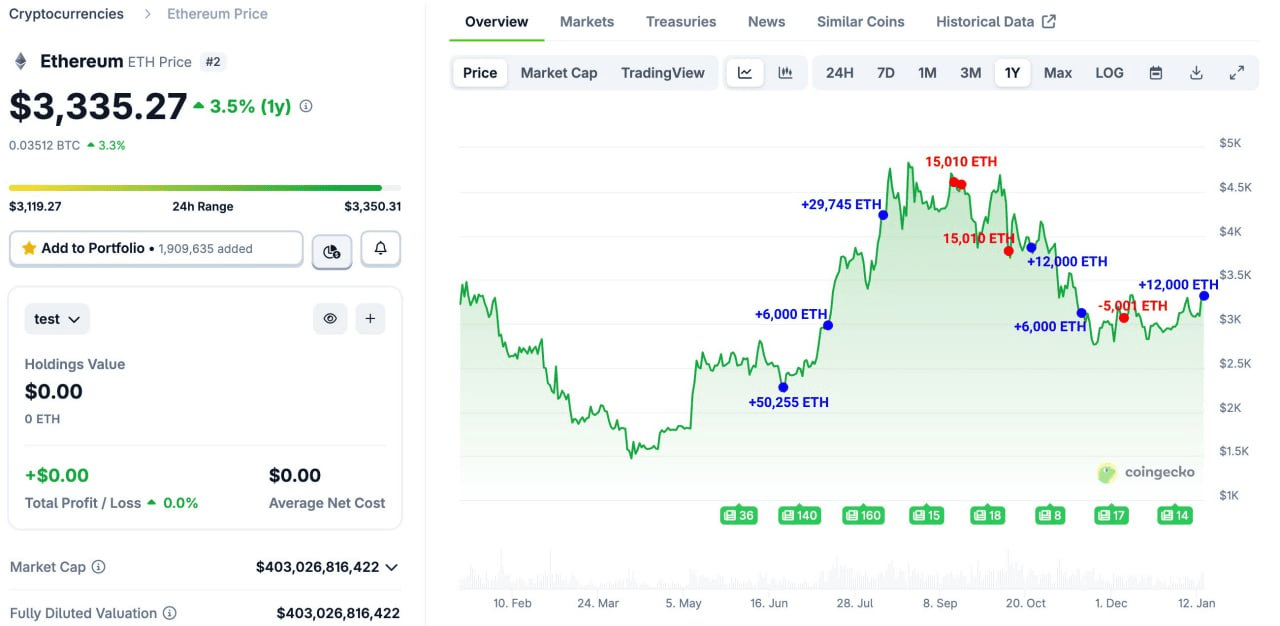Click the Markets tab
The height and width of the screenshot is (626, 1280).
[587, 21]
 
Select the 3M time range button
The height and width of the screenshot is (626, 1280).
[970, 72]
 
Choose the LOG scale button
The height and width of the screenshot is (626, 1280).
[1109, 72]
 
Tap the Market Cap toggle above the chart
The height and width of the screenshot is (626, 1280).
[558, 72]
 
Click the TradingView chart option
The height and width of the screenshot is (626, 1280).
[662, 72]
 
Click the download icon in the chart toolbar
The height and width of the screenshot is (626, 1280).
[1196, 72]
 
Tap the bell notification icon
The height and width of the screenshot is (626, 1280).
[380, 248]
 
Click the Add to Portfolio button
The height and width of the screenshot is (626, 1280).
[155, 248]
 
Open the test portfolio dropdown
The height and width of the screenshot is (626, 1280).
[57, 319]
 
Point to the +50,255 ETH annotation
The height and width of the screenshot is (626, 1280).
[788, 402]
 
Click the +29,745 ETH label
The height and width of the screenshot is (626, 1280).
[840, 204]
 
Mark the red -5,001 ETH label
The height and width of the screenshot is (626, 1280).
[1132, 305]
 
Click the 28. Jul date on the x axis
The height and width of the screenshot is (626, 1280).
[854, 603]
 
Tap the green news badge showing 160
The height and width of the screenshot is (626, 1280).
[863, 515]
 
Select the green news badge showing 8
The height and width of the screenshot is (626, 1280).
[1050, 515]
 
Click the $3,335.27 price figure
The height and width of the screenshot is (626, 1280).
[98, 107]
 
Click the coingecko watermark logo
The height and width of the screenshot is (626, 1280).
[1146, 472]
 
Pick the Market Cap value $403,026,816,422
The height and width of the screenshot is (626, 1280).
[317, 567]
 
